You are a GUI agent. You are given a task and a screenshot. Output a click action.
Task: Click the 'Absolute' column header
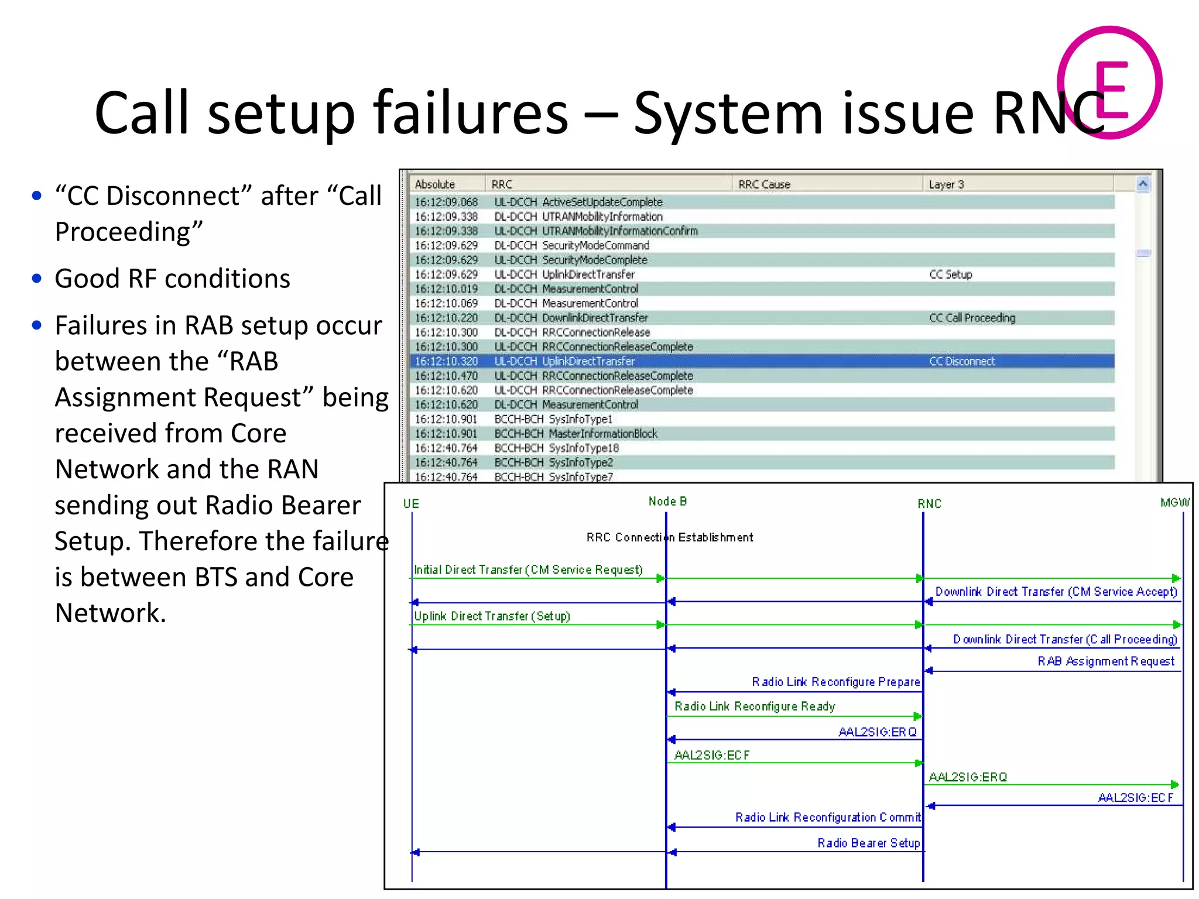click(x=434, y=184)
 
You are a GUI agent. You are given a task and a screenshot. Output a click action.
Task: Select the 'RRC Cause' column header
click(x=764, y=184)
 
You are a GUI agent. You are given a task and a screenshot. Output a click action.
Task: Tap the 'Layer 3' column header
click(x=946, y=184)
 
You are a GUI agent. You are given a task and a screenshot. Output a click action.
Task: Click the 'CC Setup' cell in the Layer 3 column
click(x=951, y=274)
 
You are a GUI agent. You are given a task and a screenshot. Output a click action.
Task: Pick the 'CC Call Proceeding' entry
click(x=972, y=318)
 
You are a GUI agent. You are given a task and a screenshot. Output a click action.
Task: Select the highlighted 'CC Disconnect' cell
click(x=962, y=361)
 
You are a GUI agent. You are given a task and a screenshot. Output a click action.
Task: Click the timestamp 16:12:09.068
click(x=446, y=202)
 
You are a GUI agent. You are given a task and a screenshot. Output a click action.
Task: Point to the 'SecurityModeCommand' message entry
click(x=595, y=245)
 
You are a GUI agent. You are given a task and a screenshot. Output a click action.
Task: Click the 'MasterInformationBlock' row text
click(x=602, y=434)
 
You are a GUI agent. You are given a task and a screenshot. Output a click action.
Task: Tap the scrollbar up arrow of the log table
click(x=1143, y=184)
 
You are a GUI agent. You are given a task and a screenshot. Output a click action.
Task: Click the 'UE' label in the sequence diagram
click(x=411, y=504)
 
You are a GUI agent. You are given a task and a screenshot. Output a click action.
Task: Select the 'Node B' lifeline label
click(x=667, y=502)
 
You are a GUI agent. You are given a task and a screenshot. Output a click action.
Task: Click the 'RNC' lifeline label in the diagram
click(x=929, y=504)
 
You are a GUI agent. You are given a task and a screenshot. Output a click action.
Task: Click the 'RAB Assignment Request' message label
click(x=1106, y=661)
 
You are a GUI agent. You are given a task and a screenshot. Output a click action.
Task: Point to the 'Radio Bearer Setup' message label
click(x=868, y=843)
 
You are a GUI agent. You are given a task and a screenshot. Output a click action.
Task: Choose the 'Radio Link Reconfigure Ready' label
click(x=755, y=706)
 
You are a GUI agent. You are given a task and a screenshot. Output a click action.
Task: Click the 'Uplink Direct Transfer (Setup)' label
click(x=492, y=616)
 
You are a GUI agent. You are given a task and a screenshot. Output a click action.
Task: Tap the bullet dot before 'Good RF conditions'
click(x=37, y=279)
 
